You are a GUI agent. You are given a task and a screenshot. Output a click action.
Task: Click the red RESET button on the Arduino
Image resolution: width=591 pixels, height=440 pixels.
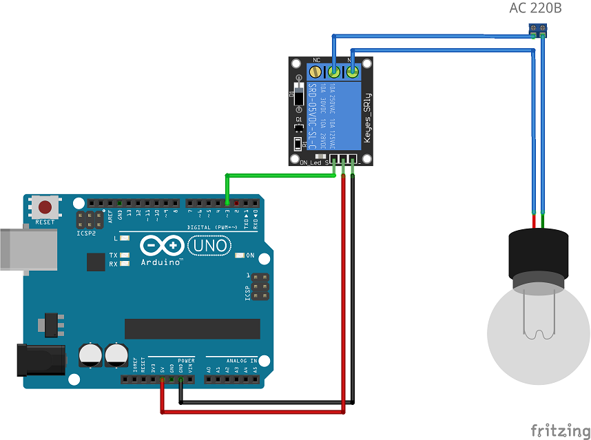pyautogui.click(x=45, y=207)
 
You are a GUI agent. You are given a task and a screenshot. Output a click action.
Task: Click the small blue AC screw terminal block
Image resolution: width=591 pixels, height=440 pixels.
pyautogui.click(x=538, y=29)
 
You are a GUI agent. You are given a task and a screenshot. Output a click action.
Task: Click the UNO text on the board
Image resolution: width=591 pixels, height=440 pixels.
pyautogui.click(x=207, y=245)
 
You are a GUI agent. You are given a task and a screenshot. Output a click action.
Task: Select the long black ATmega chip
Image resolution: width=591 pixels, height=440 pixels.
pyautogui.click(x=192, y=328)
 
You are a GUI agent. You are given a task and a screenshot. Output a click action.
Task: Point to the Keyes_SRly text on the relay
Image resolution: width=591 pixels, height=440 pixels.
pyautogui.click(x=367, y=117)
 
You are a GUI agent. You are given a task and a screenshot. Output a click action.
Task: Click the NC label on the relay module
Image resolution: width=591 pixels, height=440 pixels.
pyautogui.click(x=317, y=61)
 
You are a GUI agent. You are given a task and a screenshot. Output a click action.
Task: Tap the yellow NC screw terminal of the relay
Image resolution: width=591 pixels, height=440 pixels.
pyautogui.click(x=318, y=71)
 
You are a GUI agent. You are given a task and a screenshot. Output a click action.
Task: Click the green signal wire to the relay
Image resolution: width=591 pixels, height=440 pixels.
pyautogui.click(x=276, y=175)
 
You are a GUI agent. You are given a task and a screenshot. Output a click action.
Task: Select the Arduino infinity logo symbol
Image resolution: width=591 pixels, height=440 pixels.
pyautogui.click(x=163, y=245)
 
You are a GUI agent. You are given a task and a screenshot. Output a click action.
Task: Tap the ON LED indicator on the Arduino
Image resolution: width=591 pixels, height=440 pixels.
pyautogui.click(x=240, y=255)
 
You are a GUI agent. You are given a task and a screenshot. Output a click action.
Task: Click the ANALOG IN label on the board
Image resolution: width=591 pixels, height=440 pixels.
pyautogui.click(x=241, y=360)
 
